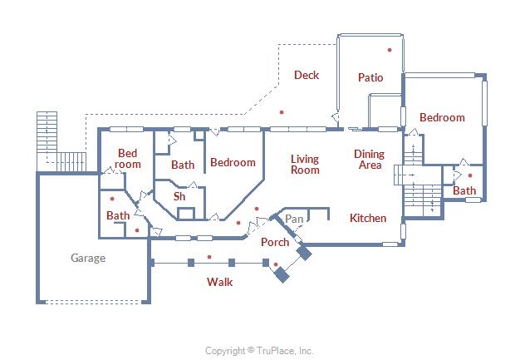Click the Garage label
87,258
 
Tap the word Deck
307,76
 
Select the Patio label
370,77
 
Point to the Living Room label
305,164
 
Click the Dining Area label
370,160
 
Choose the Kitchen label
367,218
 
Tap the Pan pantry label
293,219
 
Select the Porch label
275,242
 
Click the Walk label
219,282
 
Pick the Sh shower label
179,197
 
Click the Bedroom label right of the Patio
442,118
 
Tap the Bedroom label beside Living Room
233,162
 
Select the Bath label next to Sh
183,165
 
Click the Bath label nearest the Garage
118,215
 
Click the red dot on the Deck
282,111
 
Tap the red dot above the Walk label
209,257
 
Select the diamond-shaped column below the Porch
282,274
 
